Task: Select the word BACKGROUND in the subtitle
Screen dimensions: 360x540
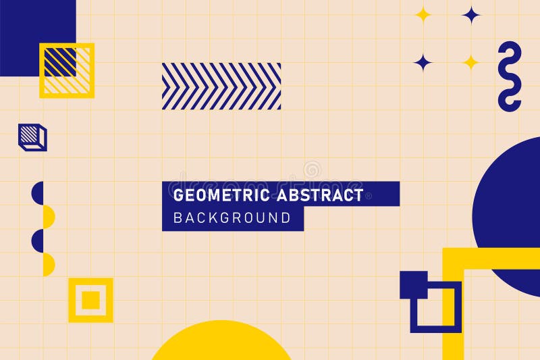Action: click(232, 218)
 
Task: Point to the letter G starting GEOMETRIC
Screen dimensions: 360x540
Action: click(179, 196)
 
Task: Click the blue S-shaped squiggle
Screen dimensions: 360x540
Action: click(510, 76)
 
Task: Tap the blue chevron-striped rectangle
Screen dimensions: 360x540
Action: click(221, 86)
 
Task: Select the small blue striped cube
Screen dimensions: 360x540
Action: click(32, 137)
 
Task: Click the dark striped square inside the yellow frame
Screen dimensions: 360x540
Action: click(61, 62)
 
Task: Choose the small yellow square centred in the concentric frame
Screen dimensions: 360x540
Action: click(90, 299)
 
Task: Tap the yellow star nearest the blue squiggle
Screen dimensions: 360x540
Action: click(470, 62)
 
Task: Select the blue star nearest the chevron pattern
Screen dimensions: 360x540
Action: click(423, 62)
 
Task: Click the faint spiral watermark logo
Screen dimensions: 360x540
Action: click(312, 170)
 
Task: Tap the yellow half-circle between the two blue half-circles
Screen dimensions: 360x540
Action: click(49, 216)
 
